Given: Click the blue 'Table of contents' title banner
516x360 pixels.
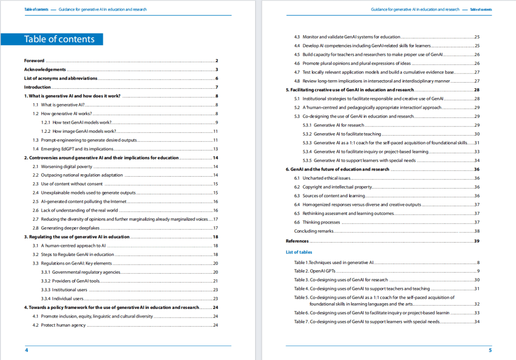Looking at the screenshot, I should coord(59,39).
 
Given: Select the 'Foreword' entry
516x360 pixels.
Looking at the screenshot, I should coord(34,61).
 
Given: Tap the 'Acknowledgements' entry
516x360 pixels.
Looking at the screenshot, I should coord(45,70).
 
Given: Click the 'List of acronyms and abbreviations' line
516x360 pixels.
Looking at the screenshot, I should coord(61,78).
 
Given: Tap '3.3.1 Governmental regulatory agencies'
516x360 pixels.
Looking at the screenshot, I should coord(80,272).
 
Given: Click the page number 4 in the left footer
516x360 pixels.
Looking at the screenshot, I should coord(26,350).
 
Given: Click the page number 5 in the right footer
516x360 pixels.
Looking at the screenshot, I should coord(490,350).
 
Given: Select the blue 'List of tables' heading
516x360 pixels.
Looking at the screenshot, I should coord(299,252).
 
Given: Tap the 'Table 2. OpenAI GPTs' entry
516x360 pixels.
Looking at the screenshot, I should coord(315,271).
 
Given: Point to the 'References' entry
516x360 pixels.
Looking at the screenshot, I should coord(297,241).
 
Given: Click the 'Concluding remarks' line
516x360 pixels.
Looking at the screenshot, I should coord(313,231).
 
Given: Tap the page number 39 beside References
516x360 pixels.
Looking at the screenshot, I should coord(476,241).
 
